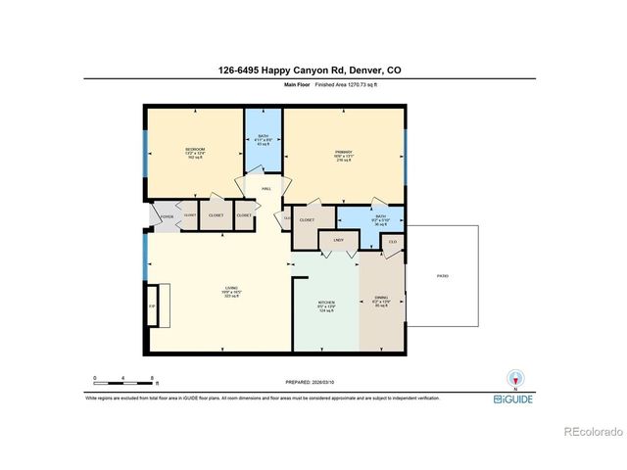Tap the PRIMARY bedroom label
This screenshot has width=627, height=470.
coord(343,153)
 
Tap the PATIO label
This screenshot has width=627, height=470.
coord(442,276)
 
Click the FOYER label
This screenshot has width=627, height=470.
coord(167,215)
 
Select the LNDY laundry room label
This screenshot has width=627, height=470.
coord(339,239)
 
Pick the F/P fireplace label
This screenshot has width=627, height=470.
coord(152,307)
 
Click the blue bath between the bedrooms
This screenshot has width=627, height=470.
coord(263,140)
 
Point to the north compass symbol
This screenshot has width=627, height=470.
coord(509,380)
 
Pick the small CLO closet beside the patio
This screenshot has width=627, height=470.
coord(392,242)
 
